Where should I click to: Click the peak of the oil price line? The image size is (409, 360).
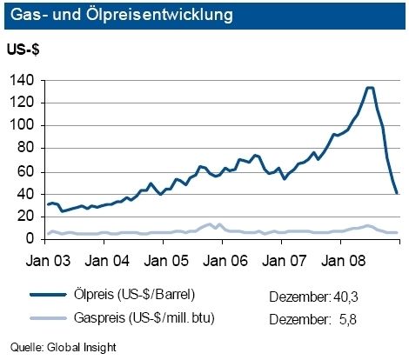pos(370,88)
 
